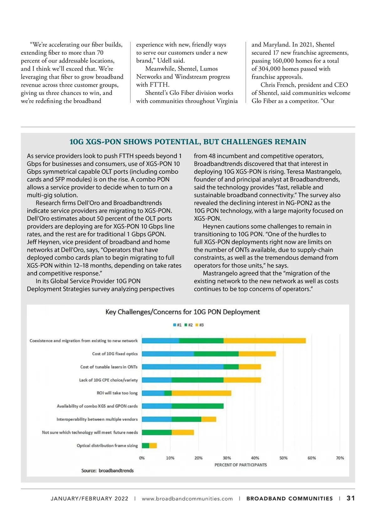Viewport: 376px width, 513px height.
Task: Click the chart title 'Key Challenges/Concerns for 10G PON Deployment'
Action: click(183, 312)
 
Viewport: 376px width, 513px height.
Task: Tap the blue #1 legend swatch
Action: click(175, 325)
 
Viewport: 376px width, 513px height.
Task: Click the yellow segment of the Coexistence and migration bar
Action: click(264, 341)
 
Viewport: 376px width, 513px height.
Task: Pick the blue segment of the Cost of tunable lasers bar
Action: click(182, 367)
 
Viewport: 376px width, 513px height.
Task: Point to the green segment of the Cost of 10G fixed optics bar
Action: click(216, 354)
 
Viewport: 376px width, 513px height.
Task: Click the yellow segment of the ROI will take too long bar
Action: click(201, 393)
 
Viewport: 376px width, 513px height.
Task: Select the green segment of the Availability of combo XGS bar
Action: click(197, 406)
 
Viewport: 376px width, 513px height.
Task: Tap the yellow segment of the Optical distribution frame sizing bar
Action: click(153, 446)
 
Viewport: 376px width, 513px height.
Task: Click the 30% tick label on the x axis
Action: click(227, 458)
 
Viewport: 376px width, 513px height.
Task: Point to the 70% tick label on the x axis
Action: click(340, 458)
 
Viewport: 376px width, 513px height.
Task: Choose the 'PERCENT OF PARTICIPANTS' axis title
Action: click(241, 465)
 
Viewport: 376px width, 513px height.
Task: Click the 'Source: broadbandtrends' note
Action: click(107, 471)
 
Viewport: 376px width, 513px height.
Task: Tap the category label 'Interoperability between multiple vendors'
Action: click(97, 419)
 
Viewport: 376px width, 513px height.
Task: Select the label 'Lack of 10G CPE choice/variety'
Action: click(108, 380)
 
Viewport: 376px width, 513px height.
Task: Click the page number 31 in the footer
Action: click(351, 498)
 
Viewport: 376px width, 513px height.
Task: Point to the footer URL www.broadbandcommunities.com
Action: click(187, 499)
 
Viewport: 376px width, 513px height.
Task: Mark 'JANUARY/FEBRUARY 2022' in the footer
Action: click(90, 499)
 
